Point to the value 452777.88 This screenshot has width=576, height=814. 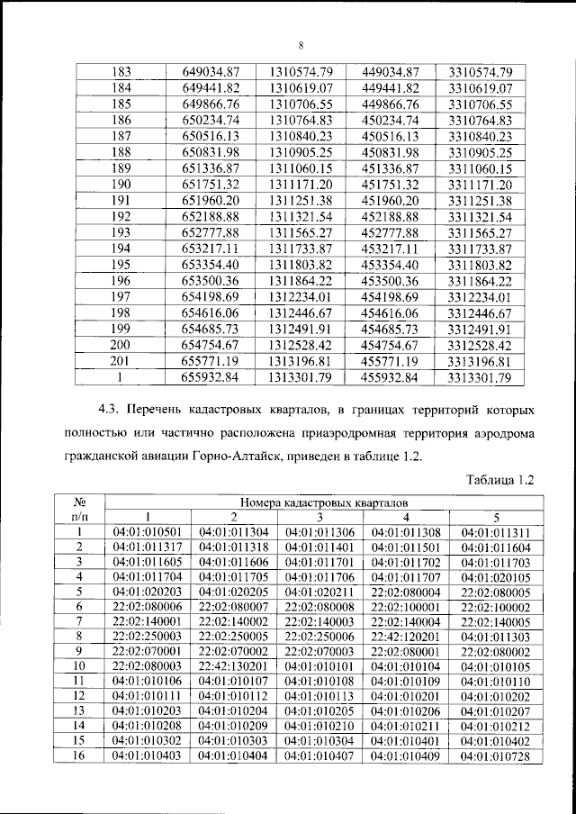point(391,233)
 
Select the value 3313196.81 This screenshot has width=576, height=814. point(479,361)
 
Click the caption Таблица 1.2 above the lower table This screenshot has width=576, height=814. point(499,481)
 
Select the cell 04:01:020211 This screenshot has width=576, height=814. point(319,592)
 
